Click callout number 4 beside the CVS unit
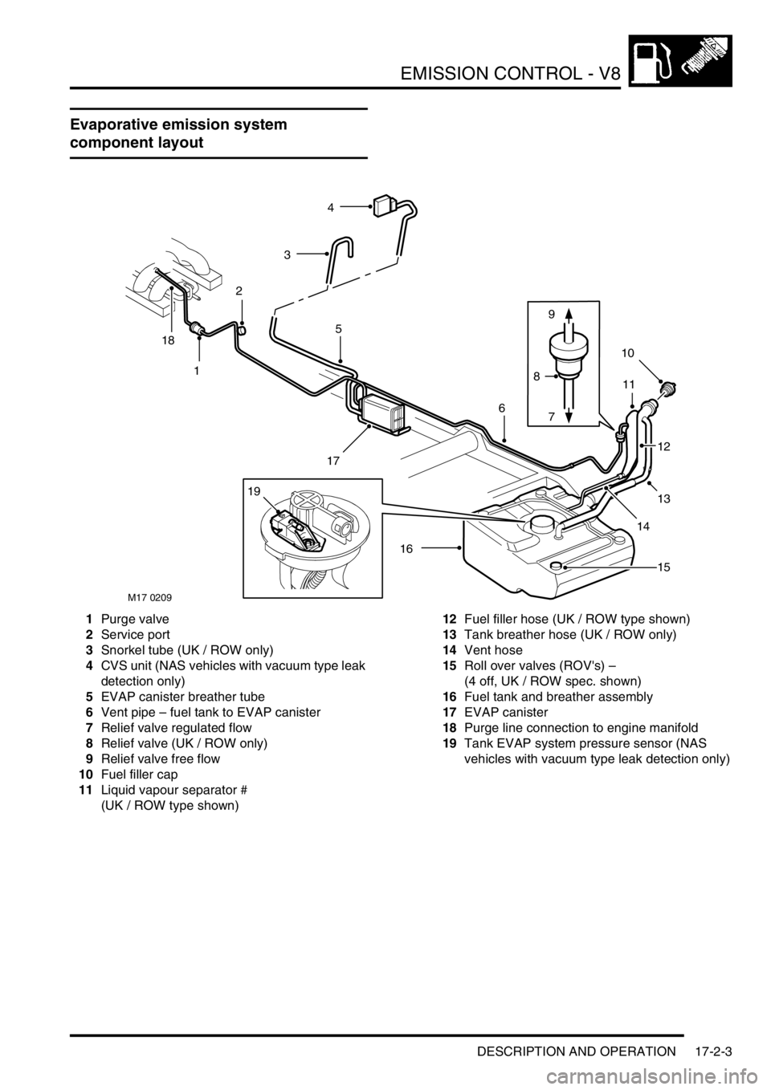point(331,208)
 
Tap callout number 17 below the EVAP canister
point(333,461)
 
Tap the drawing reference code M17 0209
point(150,596)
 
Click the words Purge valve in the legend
point(135,619)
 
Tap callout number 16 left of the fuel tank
point(406,549)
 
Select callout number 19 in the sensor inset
point(254,492)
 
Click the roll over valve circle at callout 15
point(556,565)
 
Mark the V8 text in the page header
point(608,74)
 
